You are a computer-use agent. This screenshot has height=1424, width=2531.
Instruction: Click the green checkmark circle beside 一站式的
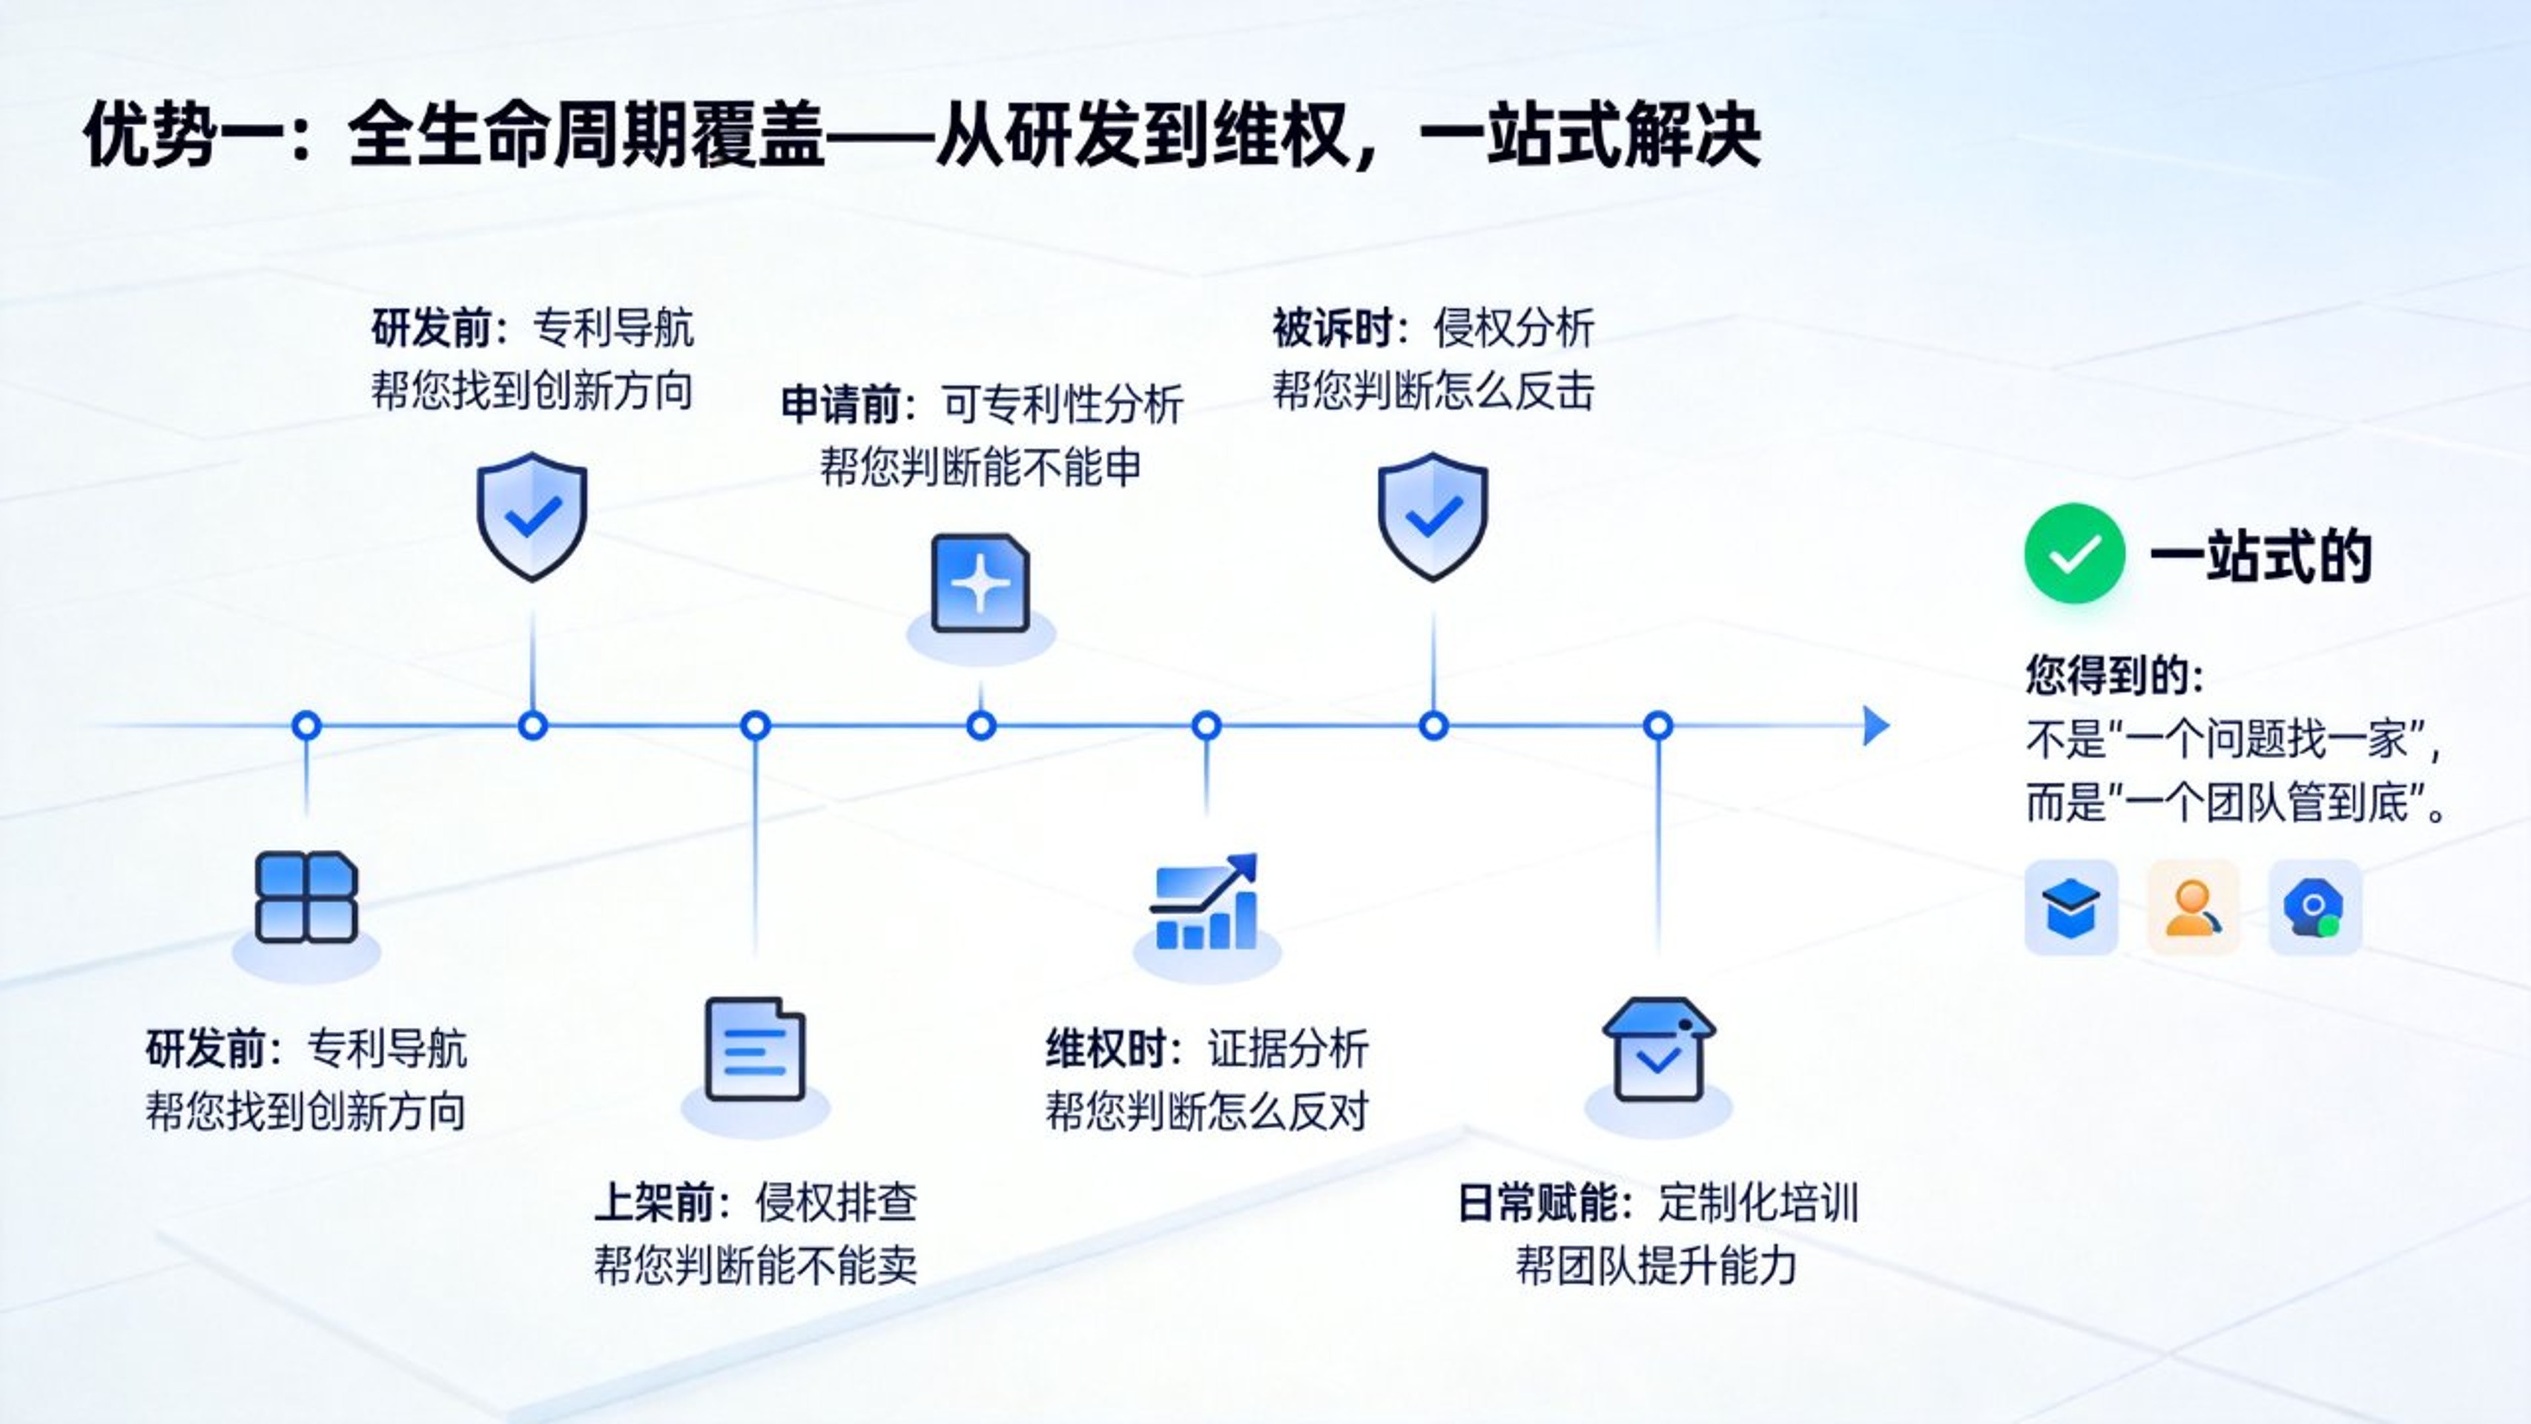tap(2074, 553)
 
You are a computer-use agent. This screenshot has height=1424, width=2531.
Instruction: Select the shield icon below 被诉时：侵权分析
tap(1433, 516)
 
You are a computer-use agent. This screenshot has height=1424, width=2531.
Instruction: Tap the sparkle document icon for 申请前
tap(980, 584)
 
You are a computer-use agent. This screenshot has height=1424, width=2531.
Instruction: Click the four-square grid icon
tap(306, 897)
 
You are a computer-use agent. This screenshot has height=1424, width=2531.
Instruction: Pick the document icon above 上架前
tap(755, 1049)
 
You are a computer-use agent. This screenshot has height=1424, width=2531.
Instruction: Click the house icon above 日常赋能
tap(1658, 1049)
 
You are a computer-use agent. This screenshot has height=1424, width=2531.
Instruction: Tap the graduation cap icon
tap(2070, 907)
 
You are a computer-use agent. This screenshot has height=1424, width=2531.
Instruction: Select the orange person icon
tap(2193, 907)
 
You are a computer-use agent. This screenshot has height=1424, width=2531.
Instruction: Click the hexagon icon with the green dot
tap(2314, 907)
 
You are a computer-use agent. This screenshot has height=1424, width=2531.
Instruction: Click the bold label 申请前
tap(841, 404)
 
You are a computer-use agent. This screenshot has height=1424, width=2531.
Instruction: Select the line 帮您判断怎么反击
tap(1433, 391)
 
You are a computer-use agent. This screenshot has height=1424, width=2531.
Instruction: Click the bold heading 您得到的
tap(2113, 675)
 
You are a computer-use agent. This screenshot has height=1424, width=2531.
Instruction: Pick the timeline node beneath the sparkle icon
tap(980, 726)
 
